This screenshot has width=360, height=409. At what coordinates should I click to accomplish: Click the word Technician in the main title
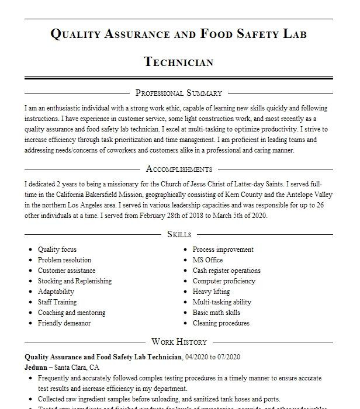point(178,62)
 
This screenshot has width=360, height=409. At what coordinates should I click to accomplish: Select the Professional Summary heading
point(178,93)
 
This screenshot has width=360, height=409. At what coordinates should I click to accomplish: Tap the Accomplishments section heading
point(178,169)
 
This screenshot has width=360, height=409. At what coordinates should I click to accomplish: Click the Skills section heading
point(179,234)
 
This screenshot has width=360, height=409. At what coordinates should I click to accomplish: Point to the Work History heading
point(179,342)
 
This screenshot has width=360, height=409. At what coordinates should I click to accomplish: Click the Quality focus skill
point(57,249)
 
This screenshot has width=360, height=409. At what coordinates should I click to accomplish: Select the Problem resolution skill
point(64,260)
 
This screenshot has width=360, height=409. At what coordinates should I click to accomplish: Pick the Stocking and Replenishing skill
point(74,281)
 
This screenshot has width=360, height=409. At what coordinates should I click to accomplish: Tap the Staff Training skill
point(57,302)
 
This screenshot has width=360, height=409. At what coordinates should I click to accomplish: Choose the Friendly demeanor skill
point(64,323)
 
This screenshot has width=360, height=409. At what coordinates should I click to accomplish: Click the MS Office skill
point(207,260)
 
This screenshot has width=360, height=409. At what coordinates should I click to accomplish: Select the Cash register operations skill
point(226,271)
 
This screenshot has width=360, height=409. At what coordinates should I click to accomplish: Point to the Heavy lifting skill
point(211,292)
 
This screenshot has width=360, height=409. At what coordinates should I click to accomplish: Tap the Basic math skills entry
point(216,313)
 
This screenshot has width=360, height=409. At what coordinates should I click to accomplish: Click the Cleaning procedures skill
point(221,323)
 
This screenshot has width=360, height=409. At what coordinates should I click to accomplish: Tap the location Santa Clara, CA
point(77,368)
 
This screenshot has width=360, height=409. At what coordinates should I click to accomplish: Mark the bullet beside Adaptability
point(30,292)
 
